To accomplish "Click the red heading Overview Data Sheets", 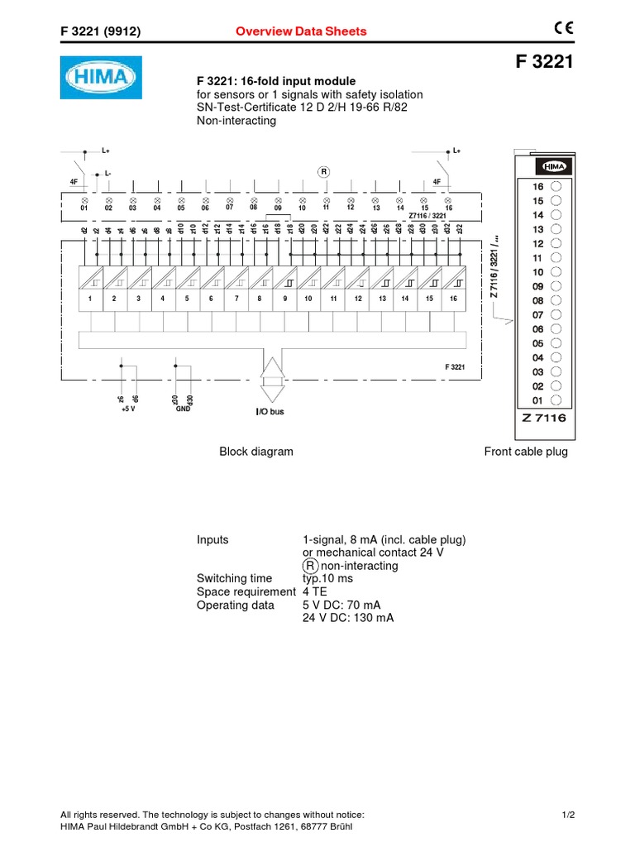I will [301, 31].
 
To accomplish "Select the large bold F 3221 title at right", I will [543, 63].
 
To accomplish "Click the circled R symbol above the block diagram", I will [324, 172].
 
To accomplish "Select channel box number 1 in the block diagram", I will [90, 298].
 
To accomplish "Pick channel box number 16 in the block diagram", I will [453, 298].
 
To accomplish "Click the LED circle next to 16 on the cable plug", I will [556, 187].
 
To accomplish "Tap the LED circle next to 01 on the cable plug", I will [556, 400].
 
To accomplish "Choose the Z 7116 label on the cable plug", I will [544, 419].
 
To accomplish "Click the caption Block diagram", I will [255, 452].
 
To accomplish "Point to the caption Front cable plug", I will [526, 452].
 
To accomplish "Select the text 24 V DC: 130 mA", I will [348, 618].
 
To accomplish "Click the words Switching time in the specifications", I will [234, 579].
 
